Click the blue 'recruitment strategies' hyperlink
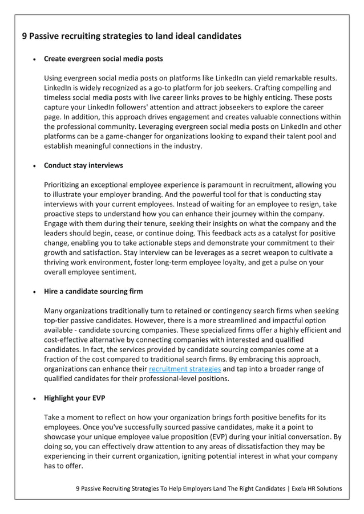(x=184, y=369)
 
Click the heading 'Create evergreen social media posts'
(x=103, y=59)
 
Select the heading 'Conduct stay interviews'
(x=83, y=166)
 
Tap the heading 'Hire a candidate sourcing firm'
(x=94, y=291)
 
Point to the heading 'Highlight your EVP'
(x=75, y=398)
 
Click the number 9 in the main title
(x=24, y=36)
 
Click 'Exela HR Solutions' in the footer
(x=318, y=488)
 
